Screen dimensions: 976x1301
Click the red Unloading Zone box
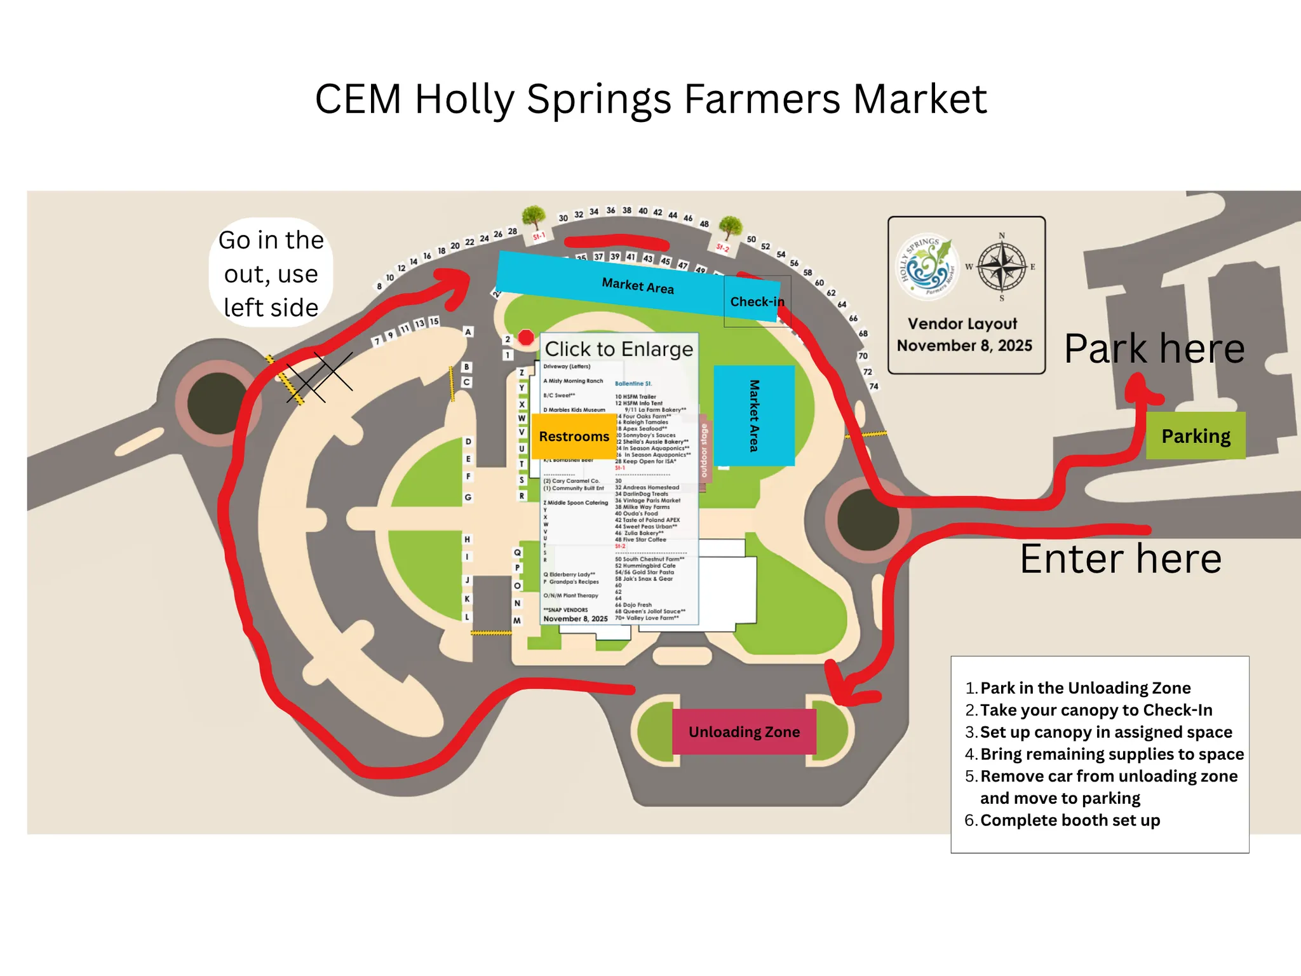(x=744, y=731)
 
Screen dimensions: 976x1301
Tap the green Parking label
(x=1196, y=436)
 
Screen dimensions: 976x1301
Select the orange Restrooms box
(x=574, y=436)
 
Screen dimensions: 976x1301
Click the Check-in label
(x=757, y=301)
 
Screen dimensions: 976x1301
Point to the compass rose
(x=1001, y=267)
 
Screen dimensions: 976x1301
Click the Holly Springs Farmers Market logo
(x=925, y=267)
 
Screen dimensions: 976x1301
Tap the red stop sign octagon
(x=526, y=337)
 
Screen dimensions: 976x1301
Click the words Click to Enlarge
(x=619, y=349)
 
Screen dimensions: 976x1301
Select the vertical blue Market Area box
(x=754, y=416)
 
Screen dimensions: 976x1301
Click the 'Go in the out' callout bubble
(x=271, y=273)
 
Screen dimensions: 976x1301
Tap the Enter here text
(x=1121, y=559)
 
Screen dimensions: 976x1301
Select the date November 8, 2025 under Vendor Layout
(x=964, y=346)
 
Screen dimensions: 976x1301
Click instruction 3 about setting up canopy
(x=1105, y=732)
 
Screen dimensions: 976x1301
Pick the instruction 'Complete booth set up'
(x=1070, y=820)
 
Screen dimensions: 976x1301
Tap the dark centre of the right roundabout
(x=868, y=518)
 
